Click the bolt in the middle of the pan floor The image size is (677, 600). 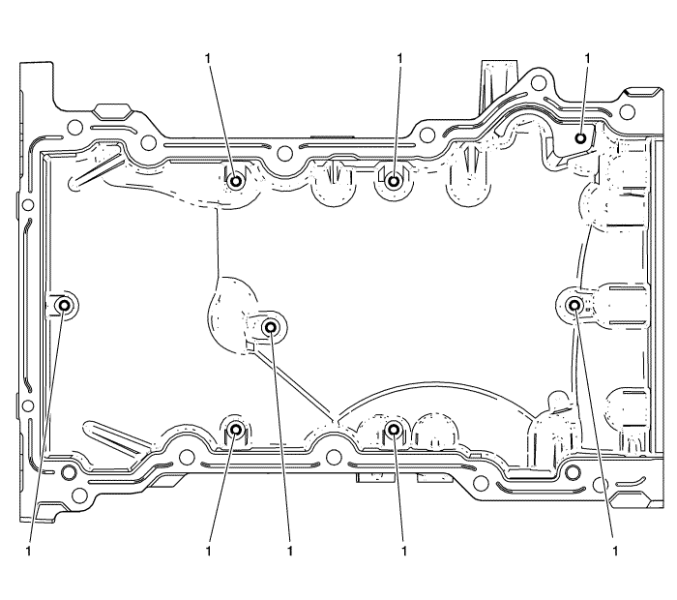tap(271, 328)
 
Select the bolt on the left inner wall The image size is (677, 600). tap(65, 306)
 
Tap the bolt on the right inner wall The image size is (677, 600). tap(574, 306)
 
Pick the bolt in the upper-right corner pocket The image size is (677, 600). tap(581, 138)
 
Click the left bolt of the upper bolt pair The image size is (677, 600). tap(236, 181)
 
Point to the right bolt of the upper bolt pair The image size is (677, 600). tap(394, 181)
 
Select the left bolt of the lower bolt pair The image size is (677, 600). tap(236, 430)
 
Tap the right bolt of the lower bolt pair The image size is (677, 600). tap(394, 430)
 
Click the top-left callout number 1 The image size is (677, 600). tap(209, 58)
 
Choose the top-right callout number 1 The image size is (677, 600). tap(587, 58)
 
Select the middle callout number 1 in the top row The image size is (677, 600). tap(399, 58)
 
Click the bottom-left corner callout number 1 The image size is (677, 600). tap(28, 551)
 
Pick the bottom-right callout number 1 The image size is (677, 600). tap(615, 551)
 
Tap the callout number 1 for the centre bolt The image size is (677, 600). tap(290, 551)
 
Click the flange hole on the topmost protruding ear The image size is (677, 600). tap(539, 82)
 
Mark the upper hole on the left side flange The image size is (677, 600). tap(28, 204)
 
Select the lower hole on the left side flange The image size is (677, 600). tap(28, 405)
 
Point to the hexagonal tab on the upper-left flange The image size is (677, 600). tap(112, 111)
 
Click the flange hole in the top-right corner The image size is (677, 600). tap(628, 112)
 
